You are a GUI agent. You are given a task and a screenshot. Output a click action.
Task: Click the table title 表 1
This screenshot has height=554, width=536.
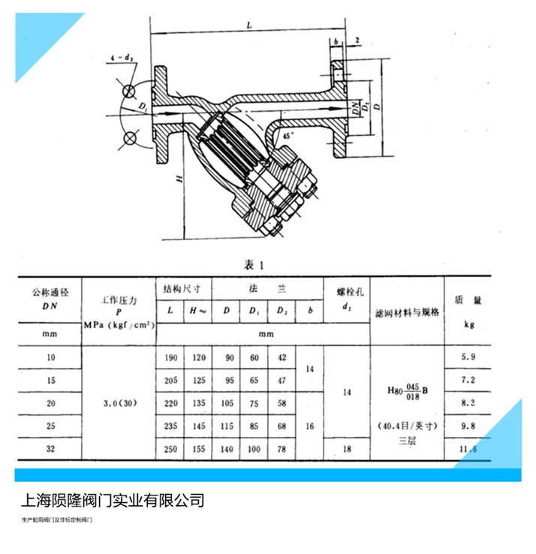click(x=254, y=263)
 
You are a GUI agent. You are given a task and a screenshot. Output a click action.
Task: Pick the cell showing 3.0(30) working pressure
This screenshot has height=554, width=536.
click(x=118, y=402)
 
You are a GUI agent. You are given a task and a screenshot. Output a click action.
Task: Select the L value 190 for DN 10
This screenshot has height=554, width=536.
click(x=170, y=358)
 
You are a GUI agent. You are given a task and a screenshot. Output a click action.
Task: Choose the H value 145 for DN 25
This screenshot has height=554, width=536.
click(x=199, y=426)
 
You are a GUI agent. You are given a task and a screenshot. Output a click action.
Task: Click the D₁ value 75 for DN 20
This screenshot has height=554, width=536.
click(x=254, y=403)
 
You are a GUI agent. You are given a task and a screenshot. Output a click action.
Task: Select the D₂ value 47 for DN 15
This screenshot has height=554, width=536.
click(x=281, y=381)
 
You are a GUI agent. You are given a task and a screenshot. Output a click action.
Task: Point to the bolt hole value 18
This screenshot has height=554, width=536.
click(x=346, y=450)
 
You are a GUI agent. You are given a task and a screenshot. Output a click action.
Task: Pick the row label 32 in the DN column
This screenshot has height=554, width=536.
click(x=51, y=450)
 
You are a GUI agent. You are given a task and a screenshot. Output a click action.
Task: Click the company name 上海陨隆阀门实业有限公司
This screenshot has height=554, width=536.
click(x=110, y=500)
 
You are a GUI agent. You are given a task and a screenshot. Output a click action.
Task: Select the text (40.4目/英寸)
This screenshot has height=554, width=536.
click(x=408, y=426)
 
